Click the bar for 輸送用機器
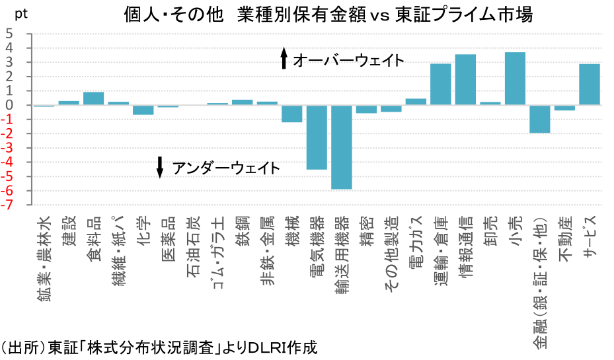tap(342, 147)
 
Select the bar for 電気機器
tap(317, 137)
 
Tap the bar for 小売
tap(515, 78)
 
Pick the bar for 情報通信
tap(465, 79)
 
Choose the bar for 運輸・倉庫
tap(441, 84)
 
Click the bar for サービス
tap(590, 84)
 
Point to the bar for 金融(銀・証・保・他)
tap(540, 119)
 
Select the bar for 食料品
tap(93, 98)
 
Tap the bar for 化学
tap(143, 110)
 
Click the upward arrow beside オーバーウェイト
tap(284, 59)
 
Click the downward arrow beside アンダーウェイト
tap(159, 168)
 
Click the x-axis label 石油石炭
tap(192, 245)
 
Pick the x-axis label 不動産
tap(564, 240)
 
